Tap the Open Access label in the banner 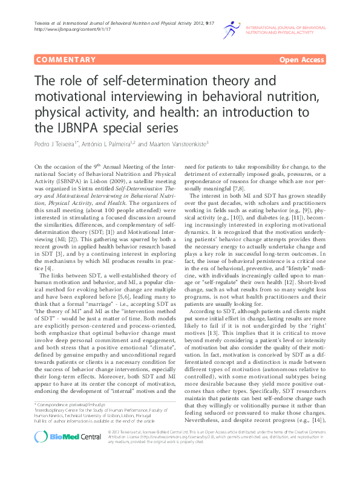tap(301, 60)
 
